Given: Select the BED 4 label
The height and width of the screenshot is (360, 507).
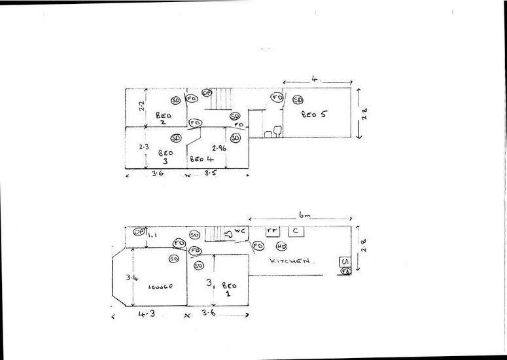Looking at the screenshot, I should pyautogui.click(x=201, y=158).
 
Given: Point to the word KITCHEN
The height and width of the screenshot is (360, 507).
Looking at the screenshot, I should pyautogui.click(x=288, y=261).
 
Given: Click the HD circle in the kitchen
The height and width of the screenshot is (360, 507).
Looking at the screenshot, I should pyautogui.click(x=281, y=247).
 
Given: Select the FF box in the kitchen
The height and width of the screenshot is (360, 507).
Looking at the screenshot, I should pyautogui.click(x=271, y=231).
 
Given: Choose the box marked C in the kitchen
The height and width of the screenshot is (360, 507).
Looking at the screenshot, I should pyautogui.click(x=296, y=231).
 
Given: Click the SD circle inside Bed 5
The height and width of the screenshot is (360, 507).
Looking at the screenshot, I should pyautogui.click(x=298, y=100).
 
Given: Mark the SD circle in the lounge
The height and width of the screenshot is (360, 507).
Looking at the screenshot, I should pyautogui.click(x=174, y=259).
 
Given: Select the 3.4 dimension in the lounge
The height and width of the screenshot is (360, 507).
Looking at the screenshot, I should pyautogui.click(x=131, y=278).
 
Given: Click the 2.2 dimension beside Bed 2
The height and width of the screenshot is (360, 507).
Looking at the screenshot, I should pyautogui.click(x=141, y=105).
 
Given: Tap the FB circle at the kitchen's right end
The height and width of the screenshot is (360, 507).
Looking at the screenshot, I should pyautogui.click(x=345, y=270).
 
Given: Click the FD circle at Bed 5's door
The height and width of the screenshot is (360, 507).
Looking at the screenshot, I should pyautogui.click(x=277, y=98).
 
